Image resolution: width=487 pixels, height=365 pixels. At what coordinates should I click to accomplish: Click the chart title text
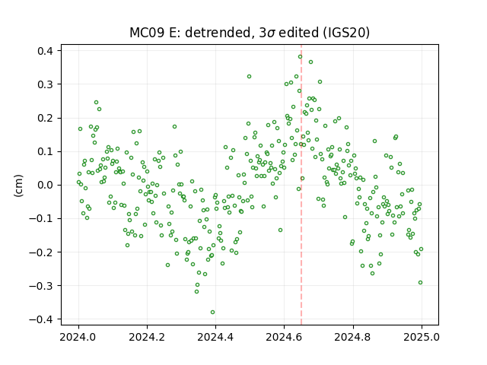[x=250, y=33]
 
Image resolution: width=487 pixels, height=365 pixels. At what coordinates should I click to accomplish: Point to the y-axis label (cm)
[x=18, y=185]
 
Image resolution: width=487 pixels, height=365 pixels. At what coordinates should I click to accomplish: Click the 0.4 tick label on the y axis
[x=46, y=51]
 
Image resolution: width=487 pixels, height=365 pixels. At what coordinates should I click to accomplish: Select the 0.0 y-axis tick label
[x=46, y=185]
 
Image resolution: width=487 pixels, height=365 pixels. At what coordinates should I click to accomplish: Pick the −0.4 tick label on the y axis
[x=42, y=319]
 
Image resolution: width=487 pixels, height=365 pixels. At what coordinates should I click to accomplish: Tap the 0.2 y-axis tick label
[x=46, y=118]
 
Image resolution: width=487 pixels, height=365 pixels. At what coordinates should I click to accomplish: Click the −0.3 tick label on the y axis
[x=42, y=286]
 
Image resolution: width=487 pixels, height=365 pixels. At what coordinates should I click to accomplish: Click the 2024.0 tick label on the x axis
[x=78, y=337]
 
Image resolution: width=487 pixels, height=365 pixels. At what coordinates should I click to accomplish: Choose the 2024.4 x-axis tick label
[x=215, y=337]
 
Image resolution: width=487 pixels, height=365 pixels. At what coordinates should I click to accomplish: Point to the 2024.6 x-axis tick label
[x=284, y=337]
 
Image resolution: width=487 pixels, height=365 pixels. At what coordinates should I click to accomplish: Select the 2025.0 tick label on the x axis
[x=422, y=337]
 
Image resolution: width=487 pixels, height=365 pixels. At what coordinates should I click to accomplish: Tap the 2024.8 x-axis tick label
[x=353, y=337]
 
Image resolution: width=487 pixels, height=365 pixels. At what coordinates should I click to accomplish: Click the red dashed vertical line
[x=301, y=185]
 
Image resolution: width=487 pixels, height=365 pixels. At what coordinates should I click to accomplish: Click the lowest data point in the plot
[x=212, y=313]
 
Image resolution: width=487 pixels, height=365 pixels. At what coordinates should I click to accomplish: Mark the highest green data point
[x=300, y=57]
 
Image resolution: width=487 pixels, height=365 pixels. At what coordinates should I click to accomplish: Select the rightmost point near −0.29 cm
[x=420, y=283]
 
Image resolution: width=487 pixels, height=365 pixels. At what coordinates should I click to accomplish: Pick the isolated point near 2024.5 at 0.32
[x=249, y=77]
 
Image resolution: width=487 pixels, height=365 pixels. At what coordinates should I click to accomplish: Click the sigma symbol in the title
[x=271, y=33]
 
